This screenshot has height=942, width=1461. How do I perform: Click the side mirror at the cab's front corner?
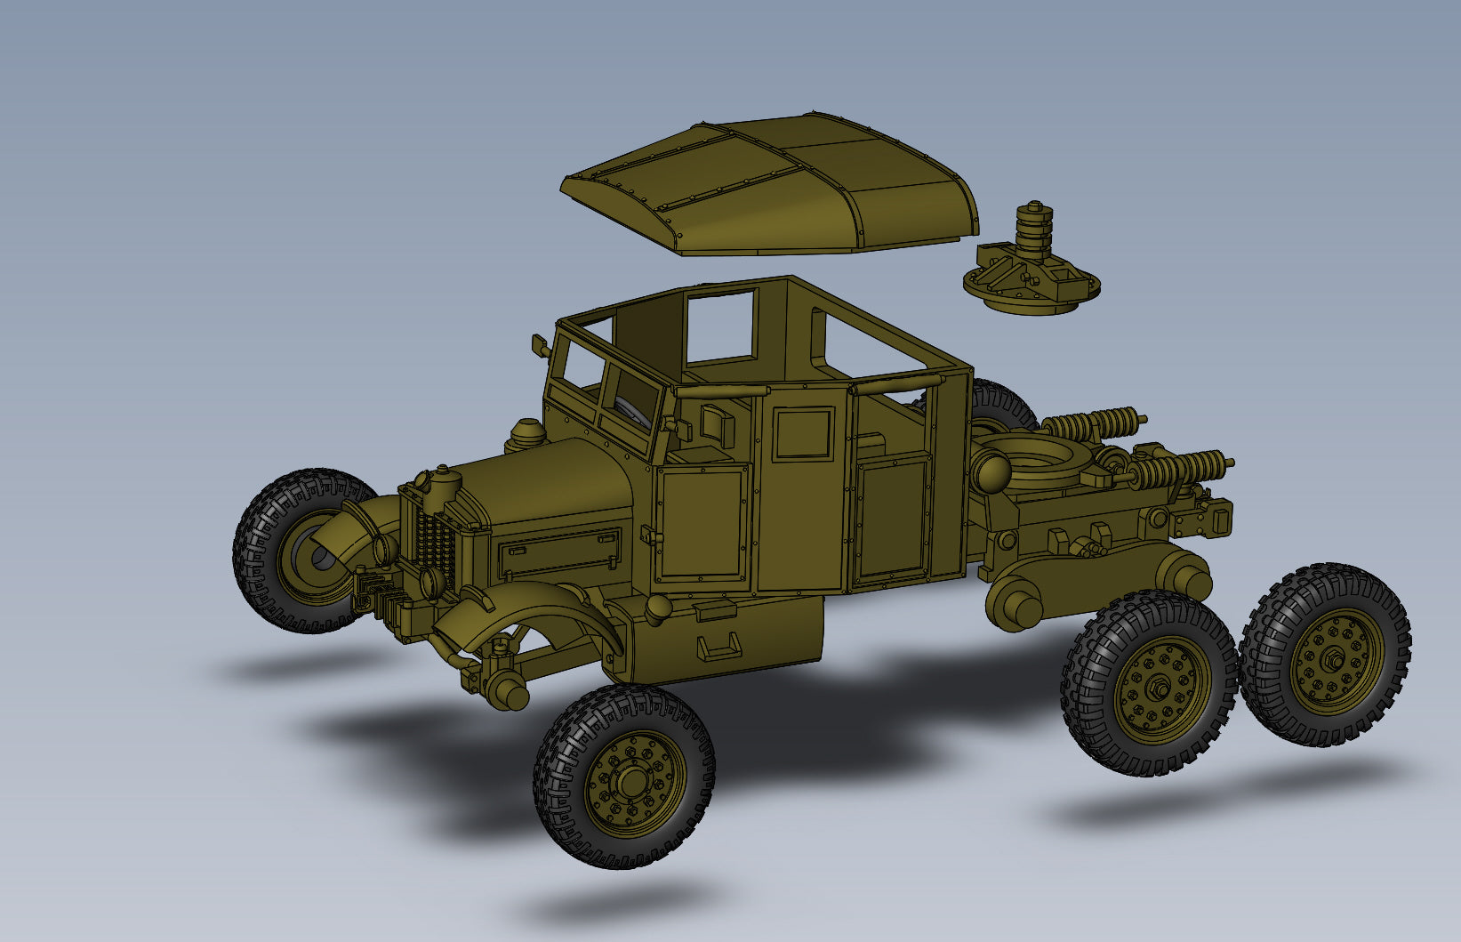pos(538,345)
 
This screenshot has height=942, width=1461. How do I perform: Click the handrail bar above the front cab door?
pos(720,390)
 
